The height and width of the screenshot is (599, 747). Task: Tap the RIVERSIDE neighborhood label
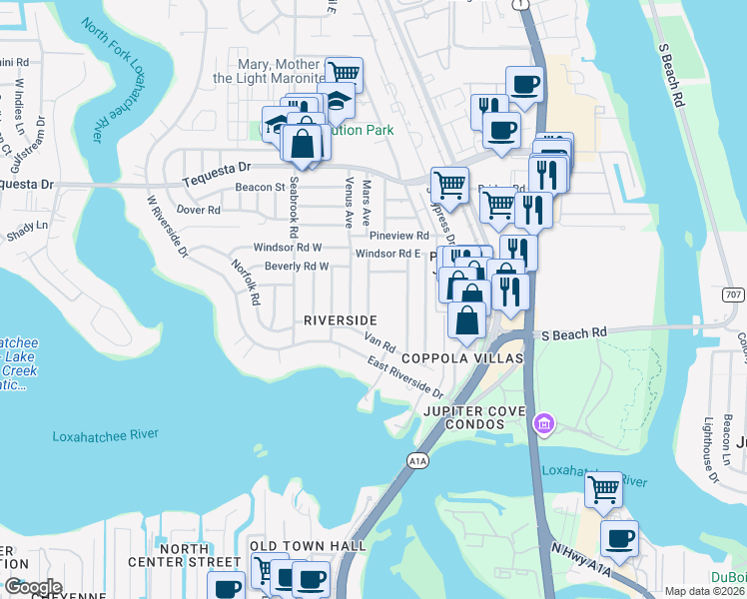tap(341, 319)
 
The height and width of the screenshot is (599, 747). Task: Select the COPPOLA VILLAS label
tap(462, 358)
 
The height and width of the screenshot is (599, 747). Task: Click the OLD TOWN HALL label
tap(308, 545)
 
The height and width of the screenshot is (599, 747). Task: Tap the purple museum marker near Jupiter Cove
tap(543, 423)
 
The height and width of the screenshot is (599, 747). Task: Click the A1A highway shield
tap(417, 459)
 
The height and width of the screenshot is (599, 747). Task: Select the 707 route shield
tap(732, 295)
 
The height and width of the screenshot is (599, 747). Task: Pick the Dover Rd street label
tap(198, 211)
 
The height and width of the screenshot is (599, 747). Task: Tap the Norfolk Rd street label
tap(246, 282)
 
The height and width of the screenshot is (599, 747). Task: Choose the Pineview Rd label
tap(398, 236)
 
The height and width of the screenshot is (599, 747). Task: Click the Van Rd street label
tap(381, 343)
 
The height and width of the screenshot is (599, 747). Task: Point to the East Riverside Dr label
tap(404, 377)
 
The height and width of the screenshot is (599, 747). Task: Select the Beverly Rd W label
tap(297, 267)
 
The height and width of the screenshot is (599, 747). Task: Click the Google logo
tap(33, 587)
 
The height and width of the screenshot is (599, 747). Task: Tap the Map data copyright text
tap(705, 591)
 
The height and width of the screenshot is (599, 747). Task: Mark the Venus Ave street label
tap(349, 203)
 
